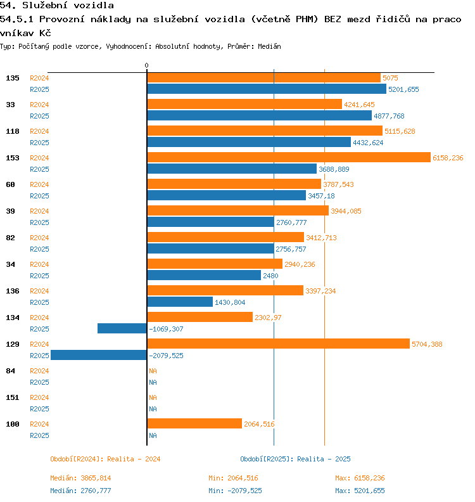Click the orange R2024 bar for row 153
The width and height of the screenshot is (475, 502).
point(288,158)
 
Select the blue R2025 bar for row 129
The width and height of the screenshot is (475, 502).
point(99,356)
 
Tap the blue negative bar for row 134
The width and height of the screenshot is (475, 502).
point(122,329)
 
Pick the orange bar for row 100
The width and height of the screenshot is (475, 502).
point(194,424)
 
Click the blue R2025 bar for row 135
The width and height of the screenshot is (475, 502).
point(267,89)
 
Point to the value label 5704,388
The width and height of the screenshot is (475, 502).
point(427,344)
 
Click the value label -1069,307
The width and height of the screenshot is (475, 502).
point(166,329)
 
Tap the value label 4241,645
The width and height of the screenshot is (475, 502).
point(359,105)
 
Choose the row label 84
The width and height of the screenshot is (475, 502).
point(11,371)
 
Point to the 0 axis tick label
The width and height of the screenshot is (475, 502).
point(146,65)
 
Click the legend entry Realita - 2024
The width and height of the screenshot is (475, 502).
point(105,459)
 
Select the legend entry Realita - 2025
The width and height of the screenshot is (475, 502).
point(295,459)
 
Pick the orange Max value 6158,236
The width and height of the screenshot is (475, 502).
point(360,478)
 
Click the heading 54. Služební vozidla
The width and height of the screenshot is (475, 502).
point(57,6)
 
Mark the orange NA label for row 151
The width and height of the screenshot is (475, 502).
point(153,397)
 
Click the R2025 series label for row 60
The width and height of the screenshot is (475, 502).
point(39,196)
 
